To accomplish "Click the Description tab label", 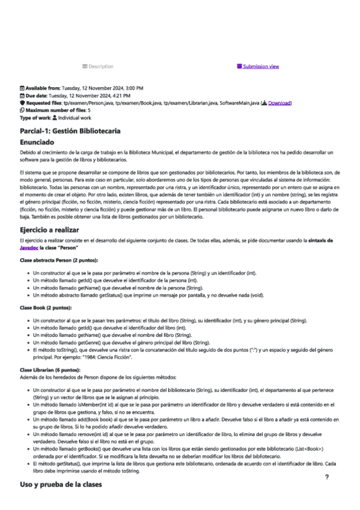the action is click(x=101, y=66).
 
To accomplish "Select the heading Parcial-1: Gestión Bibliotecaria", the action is click(x=70, y=131).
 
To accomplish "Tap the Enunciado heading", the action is click(x=40, y=143).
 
